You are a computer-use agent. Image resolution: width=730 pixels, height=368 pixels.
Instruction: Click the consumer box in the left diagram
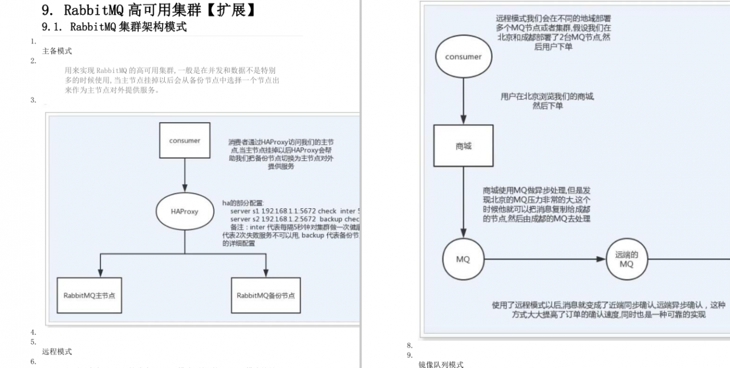[184, 140]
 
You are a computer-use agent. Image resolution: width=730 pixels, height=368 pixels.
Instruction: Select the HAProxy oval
[184, 211]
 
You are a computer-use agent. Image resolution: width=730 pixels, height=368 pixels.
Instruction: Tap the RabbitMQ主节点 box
[90, 295]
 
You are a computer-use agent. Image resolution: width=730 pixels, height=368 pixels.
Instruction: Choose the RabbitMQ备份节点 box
[266, 295]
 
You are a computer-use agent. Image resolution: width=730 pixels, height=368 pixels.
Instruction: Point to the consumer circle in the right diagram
[463, 56]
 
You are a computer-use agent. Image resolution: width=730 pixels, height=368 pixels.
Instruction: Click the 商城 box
[463, 146]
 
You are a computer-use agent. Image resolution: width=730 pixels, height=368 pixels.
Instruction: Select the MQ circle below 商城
[463, 259]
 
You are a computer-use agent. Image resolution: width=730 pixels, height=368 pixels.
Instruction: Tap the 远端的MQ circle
[626, 260]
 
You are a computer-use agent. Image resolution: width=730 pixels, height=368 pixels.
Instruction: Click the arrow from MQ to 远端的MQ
[545, 259]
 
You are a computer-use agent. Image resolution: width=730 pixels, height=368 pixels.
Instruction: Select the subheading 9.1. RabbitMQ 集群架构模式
[114, 27]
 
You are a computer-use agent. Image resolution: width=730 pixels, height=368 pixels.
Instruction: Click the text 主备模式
[57, 51]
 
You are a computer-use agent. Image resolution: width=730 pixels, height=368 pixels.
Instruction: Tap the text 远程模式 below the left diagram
[57, 351]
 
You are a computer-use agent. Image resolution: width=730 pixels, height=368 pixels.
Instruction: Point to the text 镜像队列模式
[441, 364]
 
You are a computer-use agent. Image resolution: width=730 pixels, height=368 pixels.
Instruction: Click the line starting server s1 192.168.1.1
[294, 211]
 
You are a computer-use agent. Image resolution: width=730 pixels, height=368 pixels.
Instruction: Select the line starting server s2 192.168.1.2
[294, 219]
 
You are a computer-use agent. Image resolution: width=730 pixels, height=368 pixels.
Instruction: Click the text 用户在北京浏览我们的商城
[547, 96]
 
